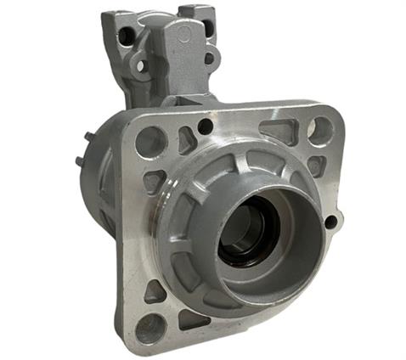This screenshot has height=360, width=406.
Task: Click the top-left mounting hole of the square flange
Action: tap(150, 140)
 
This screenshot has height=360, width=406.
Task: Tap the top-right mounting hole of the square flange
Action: tap(321, 129)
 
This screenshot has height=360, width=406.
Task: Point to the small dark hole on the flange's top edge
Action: tap(205, 127)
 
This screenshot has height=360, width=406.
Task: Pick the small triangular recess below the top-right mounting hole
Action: tap(315, 165)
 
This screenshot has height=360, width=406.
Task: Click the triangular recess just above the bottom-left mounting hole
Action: tap(155, 291)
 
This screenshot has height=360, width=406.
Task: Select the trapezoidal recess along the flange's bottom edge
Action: tap(195, 318)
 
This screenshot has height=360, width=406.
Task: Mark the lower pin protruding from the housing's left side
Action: tap(80, 161)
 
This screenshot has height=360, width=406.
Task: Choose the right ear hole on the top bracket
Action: tap(209, 59)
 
